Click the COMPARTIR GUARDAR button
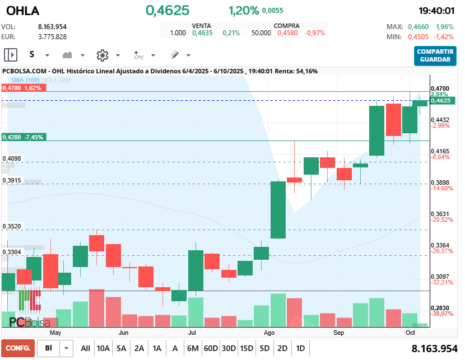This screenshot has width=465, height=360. pos(435,55)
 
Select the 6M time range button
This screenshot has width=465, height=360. pos(193,348)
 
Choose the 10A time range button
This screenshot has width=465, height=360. pos(103,348)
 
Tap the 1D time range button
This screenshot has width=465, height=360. pos(300,348)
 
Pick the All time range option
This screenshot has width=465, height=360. pos(85,348)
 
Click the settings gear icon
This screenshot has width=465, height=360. pos(102,55)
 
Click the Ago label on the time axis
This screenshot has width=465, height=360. pos(269,333)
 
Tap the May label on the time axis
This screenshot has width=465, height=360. pos(55,333)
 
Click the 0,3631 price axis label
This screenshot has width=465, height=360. pos(440,214)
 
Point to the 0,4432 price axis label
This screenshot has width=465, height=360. pos(440,120)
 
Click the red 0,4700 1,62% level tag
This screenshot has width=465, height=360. pos(22,88)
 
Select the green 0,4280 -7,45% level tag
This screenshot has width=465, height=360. pos(23,137)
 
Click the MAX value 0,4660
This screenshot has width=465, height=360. pos(418,27)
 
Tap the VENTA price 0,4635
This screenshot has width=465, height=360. pos(202,33)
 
